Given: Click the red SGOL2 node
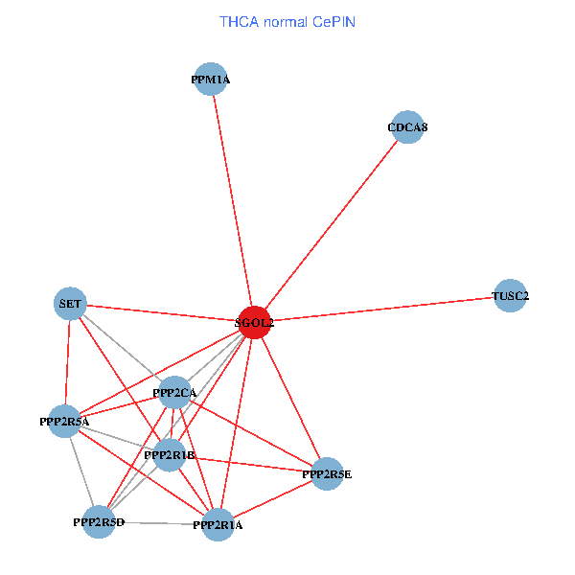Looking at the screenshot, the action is (254, 322).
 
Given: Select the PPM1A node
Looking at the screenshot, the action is (211, 80).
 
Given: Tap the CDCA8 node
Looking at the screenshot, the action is (407, 126).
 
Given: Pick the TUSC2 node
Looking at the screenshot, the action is (510, 296).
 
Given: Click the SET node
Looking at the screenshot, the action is (70, 304).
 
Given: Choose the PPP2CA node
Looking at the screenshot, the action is (174, 392).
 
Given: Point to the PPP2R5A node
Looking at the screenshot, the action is (64, 421).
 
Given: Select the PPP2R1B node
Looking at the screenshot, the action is (170, 455).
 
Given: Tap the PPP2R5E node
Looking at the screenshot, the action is (327, 473).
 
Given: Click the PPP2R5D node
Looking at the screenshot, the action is (99, 521).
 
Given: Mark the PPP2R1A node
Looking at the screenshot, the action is (218, 524).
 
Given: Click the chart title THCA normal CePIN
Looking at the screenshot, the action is (287, 21).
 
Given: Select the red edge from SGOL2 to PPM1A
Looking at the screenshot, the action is (232, 201).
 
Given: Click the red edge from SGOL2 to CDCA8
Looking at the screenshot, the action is (331, 224).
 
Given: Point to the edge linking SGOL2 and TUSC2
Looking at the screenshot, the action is (383, 309).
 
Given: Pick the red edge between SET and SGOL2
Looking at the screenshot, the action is (163, 313).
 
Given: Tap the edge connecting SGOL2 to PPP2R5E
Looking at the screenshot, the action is (290, 398).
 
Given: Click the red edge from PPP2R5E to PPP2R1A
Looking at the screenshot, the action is (273, 498).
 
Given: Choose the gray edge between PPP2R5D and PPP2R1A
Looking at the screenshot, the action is (158, 522).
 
